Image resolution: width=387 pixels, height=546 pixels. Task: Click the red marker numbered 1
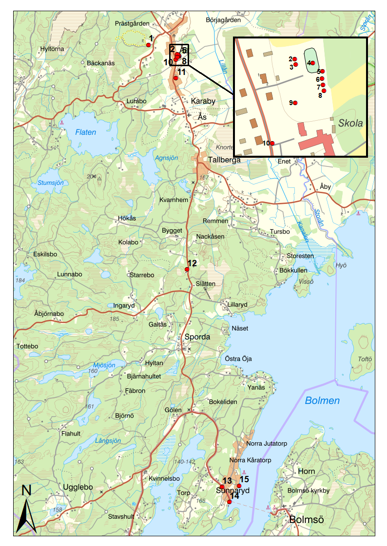coord(148,45)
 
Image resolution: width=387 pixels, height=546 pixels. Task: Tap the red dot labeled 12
coord(187,269)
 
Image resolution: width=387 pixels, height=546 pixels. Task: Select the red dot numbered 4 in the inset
coord(312,63)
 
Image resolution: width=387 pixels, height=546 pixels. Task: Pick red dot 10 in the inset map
coord(272,143)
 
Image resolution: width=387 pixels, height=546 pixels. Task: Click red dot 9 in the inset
coord(295,103)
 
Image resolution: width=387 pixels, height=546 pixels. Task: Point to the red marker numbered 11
coord(175,78)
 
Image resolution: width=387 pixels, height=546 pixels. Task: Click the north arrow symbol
coord(25,511)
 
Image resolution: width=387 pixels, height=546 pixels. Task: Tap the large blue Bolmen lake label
coord(322,401)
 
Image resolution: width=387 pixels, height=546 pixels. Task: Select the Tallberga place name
coord(225,160)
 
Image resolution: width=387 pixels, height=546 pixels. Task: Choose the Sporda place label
coord(197,337)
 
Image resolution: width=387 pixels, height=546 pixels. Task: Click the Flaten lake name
coord(86,132)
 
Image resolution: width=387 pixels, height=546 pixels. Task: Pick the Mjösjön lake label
coord(104,365)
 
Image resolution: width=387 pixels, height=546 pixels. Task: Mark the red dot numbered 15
coord(239,486)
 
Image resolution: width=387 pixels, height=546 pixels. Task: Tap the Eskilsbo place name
coord(45,254)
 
